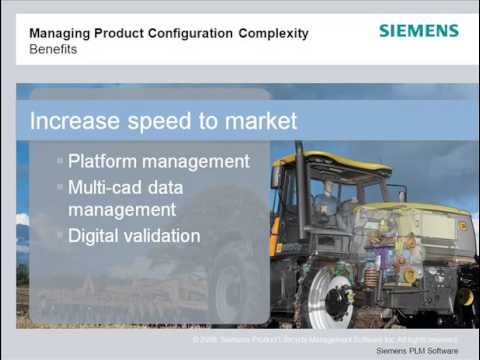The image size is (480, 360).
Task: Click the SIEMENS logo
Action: [x=419, y=31]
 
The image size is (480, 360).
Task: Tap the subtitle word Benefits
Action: [x=53, y=49]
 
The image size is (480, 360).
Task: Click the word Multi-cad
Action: [x=103, y=187]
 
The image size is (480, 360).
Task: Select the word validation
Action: [x=162, y=236]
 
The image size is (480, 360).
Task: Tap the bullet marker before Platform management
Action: [x=60, y=161]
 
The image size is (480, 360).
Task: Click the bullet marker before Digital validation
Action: [x=60, y=236]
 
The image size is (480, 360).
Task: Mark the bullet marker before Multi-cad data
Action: [x=60, y=187]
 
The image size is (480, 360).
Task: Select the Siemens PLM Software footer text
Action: [x=417, y=351]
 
